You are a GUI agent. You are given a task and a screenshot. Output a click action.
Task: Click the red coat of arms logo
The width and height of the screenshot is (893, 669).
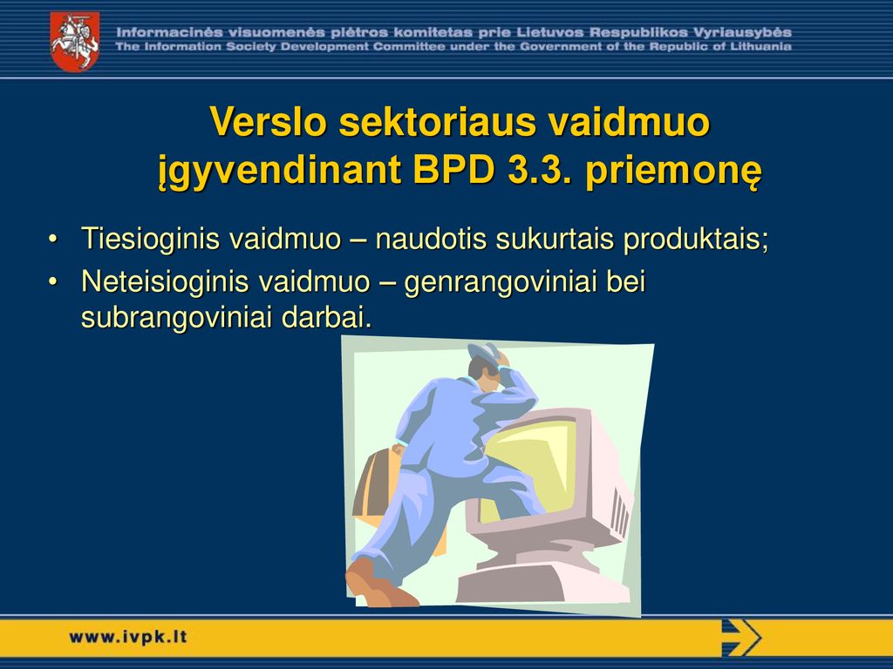click(x=75, y=42)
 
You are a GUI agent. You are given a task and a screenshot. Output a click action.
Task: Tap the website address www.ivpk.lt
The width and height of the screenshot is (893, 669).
click(x=128, y=637)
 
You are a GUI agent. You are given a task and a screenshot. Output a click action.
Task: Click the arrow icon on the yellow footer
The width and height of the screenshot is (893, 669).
click(x=741, y=638)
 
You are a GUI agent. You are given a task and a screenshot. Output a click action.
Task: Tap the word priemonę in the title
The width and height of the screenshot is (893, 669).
click(x=672, y=172)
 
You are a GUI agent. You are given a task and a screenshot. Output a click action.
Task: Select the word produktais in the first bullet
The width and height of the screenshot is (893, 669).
click(x=696, y=239)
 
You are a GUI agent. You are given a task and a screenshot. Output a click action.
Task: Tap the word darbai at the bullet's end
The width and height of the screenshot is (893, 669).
click(x=326, y=318)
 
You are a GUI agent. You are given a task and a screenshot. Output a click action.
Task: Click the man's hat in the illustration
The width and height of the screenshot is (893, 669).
click(x=485, y=352)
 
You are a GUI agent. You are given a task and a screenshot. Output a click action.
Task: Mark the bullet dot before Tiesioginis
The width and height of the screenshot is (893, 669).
click(x=52, y=239)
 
